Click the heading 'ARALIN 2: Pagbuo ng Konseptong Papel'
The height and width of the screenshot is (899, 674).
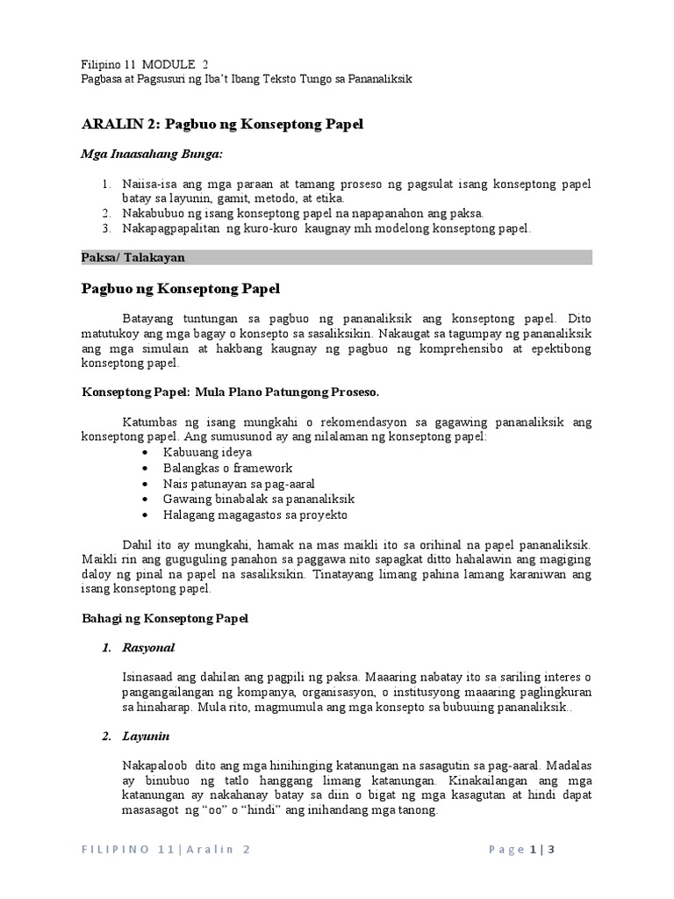coord(221,125)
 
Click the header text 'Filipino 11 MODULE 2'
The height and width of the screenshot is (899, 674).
coord(145,64)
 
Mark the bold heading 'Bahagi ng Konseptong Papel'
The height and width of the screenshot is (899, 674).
coord(165,619)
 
